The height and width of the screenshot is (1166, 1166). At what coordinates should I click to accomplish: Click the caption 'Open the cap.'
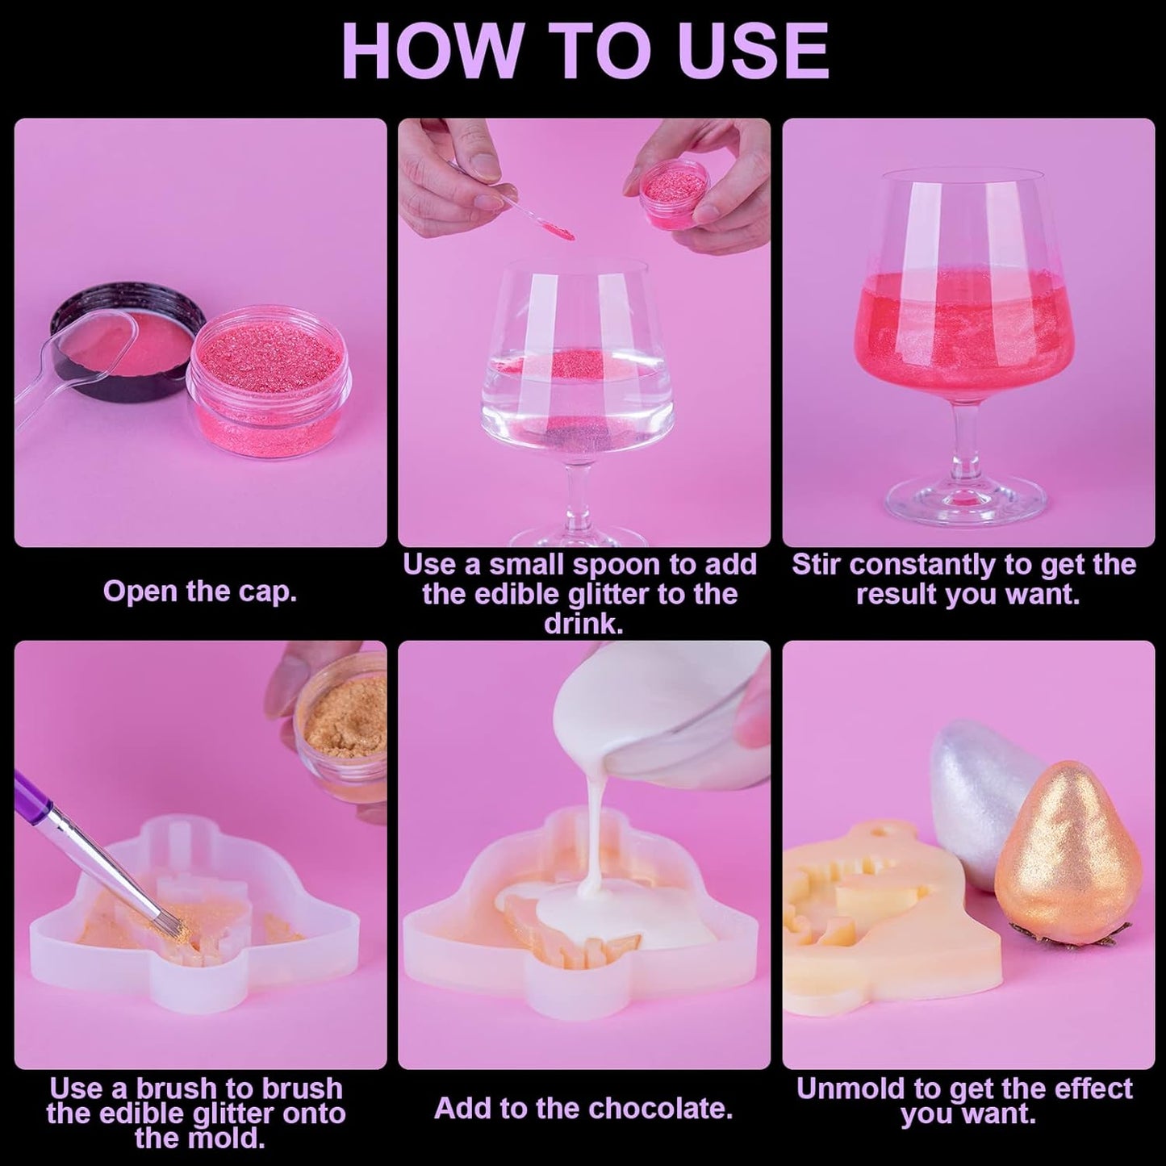click(200, 591)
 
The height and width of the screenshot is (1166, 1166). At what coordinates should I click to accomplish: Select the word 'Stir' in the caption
click(817, 565)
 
